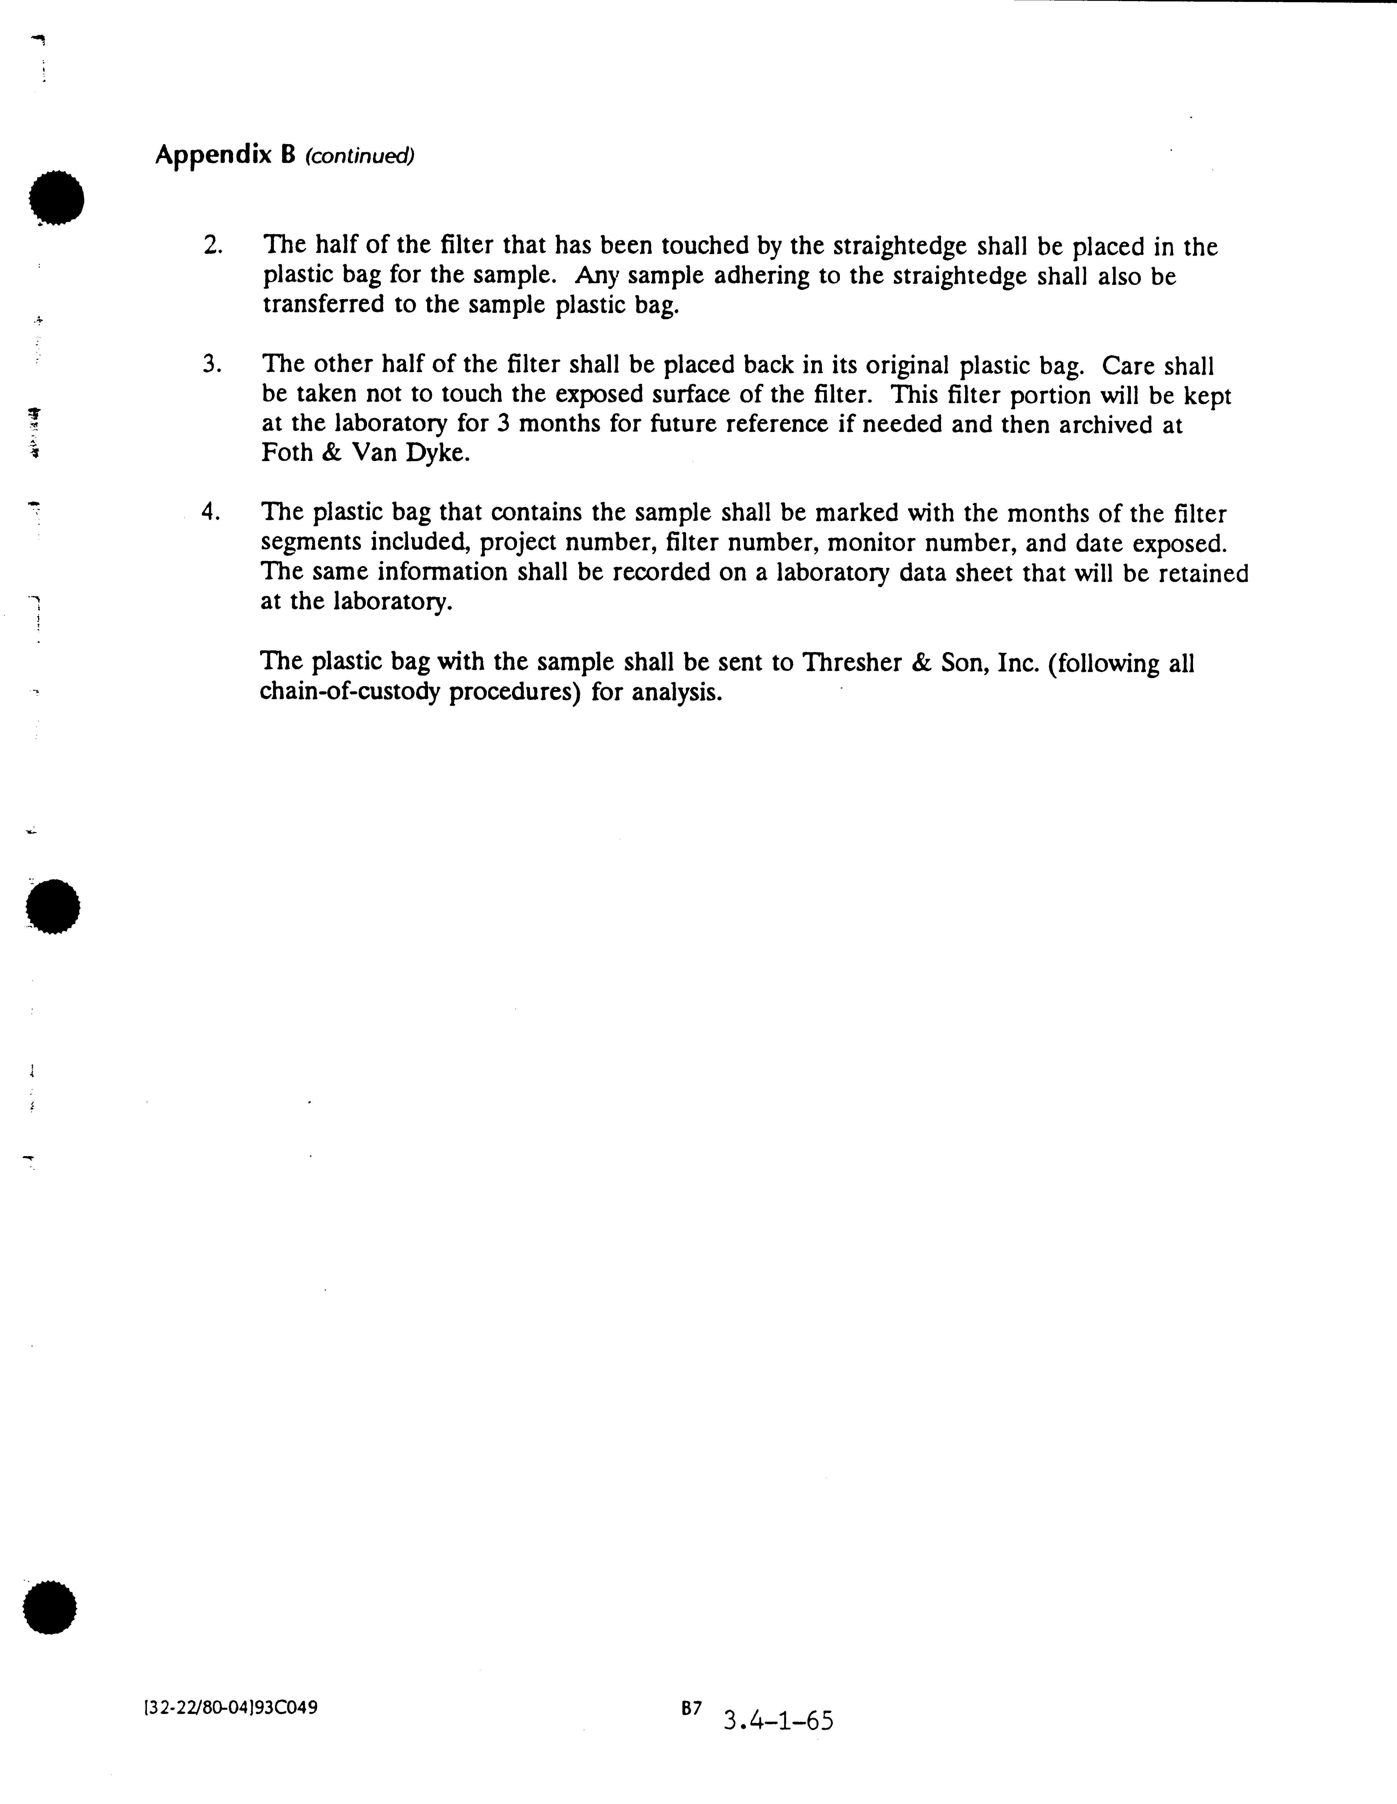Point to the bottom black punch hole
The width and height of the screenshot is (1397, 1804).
pos(50,1607)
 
